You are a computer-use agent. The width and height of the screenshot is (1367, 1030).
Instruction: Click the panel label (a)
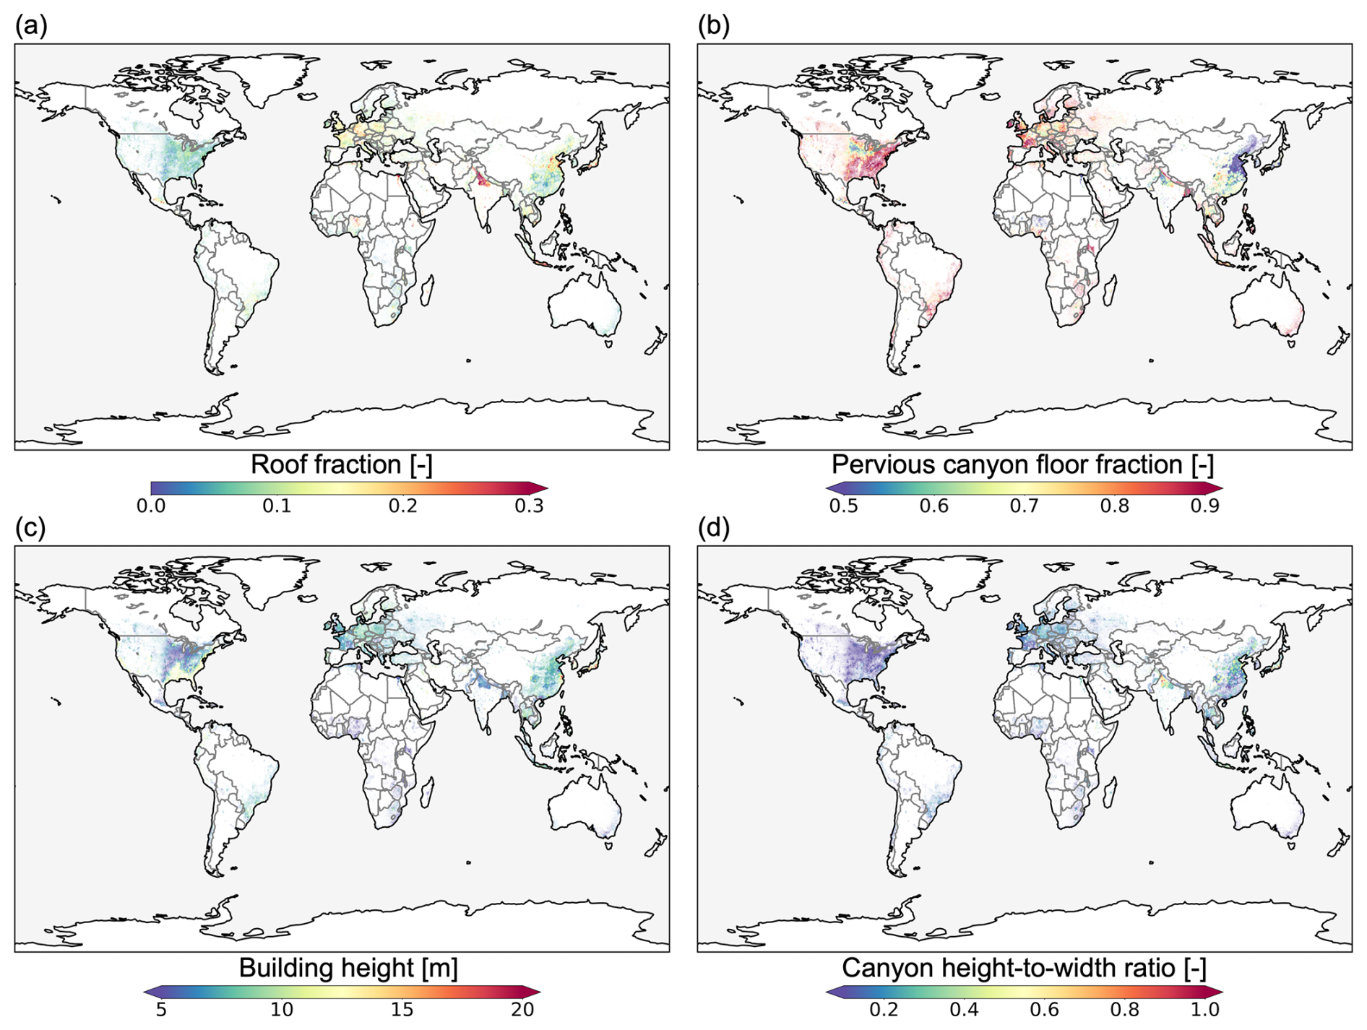tap(31, 26)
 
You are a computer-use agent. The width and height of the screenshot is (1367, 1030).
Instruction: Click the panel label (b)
tap(714, 26)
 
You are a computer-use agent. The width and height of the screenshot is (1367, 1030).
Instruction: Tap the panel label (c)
tap(30, 528)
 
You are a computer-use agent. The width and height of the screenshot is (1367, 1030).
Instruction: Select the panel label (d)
tap(714, 528)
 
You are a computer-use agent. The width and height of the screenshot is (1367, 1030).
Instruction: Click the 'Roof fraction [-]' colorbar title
tap(341, 464)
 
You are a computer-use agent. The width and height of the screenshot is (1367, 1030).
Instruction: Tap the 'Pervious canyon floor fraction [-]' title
tap(1022, 464)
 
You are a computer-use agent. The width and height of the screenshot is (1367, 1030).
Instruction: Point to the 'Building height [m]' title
tap(348, 968)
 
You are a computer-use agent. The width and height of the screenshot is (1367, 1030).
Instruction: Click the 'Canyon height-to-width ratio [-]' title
tap(1024, 968)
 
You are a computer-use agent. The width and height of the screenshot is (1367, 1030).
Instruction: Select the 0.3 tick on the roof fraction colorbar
tap(529, 506)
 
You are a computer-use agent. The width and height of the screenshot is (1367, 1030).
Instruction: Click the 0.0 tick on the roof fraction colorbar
tap(151, 506)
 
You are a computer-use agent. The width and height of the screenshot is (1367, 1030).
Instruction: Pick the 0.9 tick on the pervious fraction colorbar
tap(1204, 506)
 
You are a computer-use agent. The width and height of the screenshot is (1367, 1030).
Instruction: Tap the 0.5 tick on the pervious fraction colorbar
tap(843, 506)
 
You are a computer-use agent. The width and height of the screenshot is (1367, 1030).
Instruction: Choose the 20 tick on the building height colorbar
tap(522, 1009)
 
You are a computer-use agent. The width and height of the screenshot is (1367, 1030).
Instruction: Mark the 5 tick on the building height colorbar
tap(161, 1009)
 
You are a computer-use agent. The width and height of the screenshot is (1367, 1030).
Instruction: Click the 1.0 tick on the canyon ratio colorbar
tap(1204, 1009)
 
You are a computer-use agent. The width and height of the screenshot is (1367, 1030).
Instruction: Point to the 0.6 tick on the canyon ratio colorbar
tap(1044, 1009)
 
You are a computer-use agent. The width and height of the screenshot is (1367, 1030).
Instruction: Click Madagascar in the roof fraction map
tap(426, 288)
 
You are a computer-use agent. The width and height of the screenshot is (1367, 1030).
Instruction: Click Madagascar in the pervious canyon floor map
tap(1109, 288)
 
